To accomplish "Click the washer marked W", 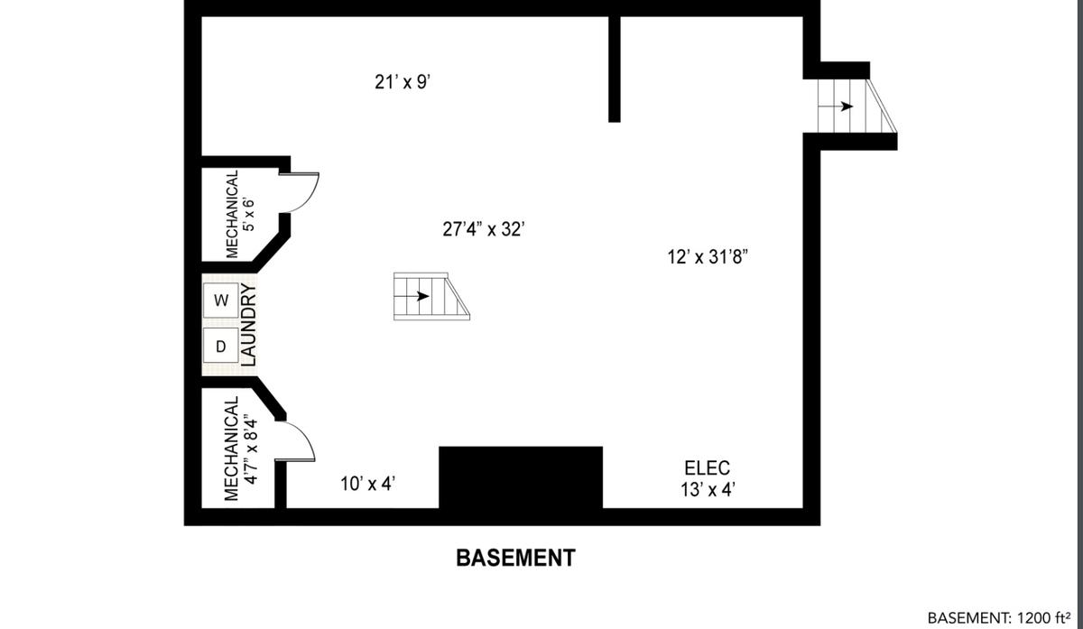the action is [220, 301].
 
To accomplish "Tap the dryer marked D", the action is [220, 346].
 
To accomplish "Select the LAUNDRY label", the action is [248, 325].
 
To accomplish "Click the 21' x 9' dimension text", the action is [403, 82].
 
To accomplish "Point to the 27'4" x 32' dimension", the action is [484, 228].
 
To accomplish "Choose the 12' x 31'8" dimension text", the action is [708, 256].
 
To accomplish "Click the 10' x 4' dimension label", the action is [368, 484].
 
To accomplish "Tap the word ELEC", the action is [708, 468].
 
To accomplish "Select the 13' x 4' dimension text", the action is [708, 490].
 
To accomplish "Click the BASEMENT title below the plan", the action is [516, 558].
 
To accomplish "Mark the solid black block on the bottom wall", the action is [521, 477].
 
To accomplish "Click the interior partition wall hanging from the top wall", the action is [614, 69].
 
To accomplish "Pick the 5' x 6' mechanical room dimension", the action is [248, 214].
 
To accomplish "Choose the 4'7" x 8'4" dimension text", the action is [251, 449].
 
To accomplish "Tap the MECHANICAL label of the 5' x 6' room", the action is [232, 214].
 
